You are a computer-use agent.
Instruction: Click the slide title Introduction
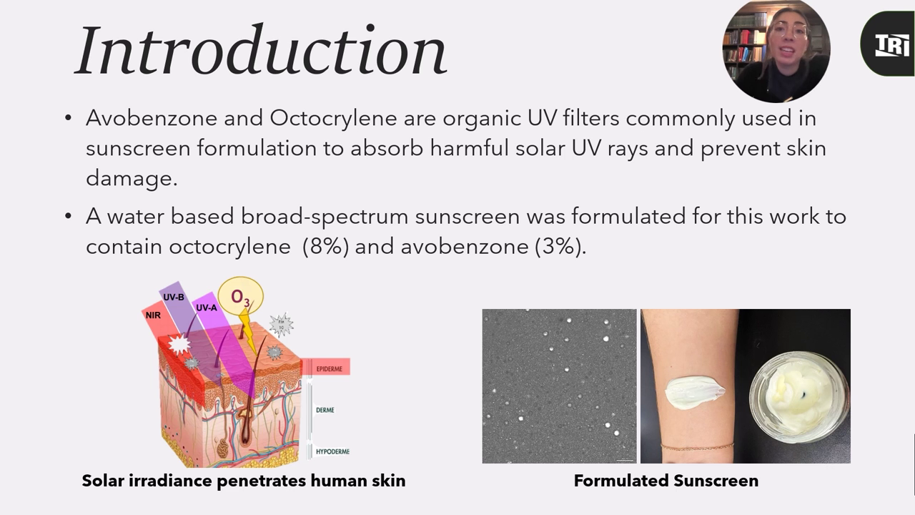pyautogui.click(x=261, y=50)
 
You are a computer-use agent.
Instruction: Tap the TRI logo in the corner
pyautogui.click(x=892, y=44)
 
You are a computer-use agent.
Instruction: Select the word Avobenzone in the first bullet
pyautogui.click(x=151, y=118)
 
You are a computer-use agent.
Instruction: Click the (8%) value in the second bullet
pyautogui.click(x=325, y=247)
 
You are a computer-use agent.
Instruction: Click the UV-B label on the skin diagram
pyautogui.click(x=174, y=297)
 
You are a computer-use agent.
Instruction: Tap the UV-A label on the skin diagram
pyautogui.click(x=207, y=308)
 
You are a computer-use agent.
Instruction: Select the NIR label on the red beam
pyautogui.click(x=153, y=315)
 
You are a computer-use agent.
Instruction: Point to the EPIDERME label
pyautogui.click(x=330, y=369)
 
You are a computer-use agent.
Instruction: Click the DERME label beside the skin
pyautogui.click(x=325, y=410)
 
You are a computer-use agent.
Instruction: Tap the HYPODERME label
pyautogui.click(x=333, y=451)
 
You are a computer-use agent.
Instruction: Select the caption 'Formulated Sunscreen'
pyautogui.click(x=666, y=481)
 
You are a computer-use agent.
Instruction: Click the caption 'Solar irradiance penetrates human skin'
pyautogui.click(x=244, y=481)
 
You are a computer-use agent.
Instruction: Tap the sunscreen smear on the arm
pyautogui.click(x=694, y=393)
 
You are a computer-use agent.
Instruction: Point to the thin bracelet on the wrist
pyautogui.click(x=697, y=446)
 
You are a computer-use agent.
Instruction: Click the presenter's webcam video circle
pyautogui.click(x=776, y=51)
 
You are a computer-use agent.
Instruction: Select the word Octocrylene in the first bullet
pyautogui.click(x=333, y=118)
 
